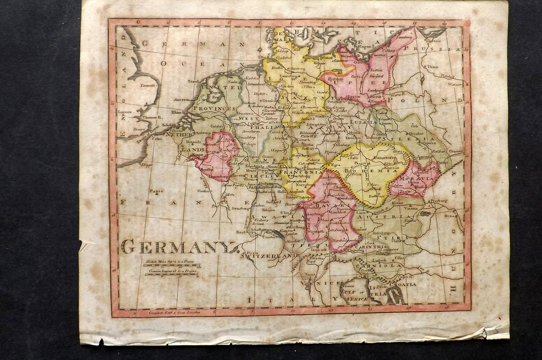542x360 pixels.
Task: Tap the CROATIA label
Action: tap(403, 284)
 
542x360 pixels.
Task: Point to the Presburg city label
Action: tap(438, 201)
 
